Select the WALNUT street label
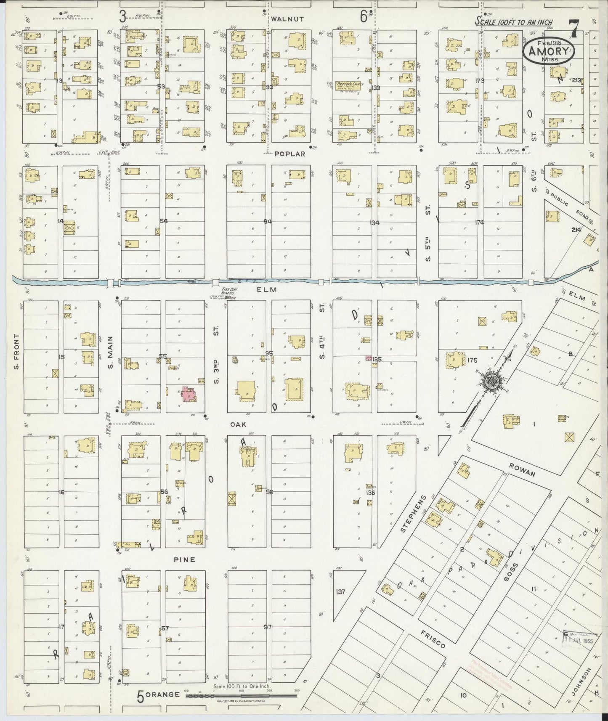[x=287, y=19]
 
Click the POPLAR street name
[x=290, y=154]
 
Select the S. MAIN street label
[x=111, y=353]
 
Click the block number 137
[x=340, y=591]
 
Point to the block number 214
[x=576, y=230]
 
